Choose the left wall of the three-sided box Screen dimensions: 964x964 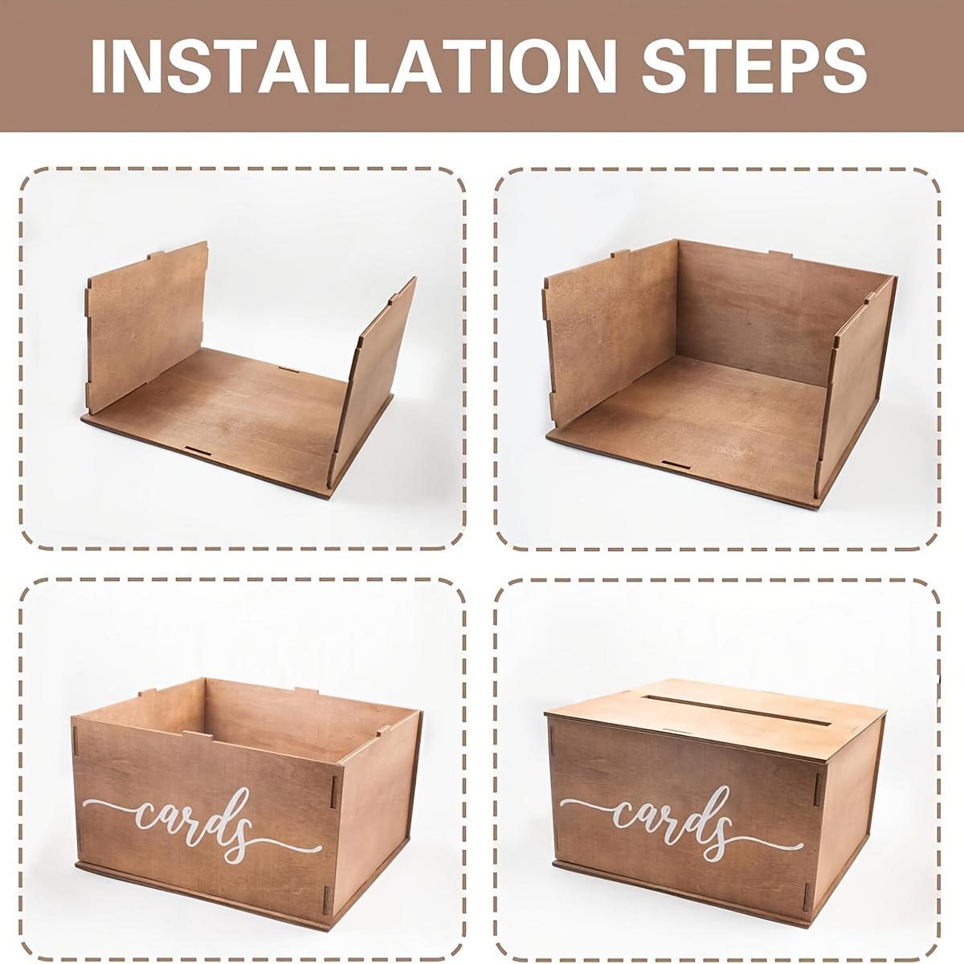(x=607, y=337)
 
